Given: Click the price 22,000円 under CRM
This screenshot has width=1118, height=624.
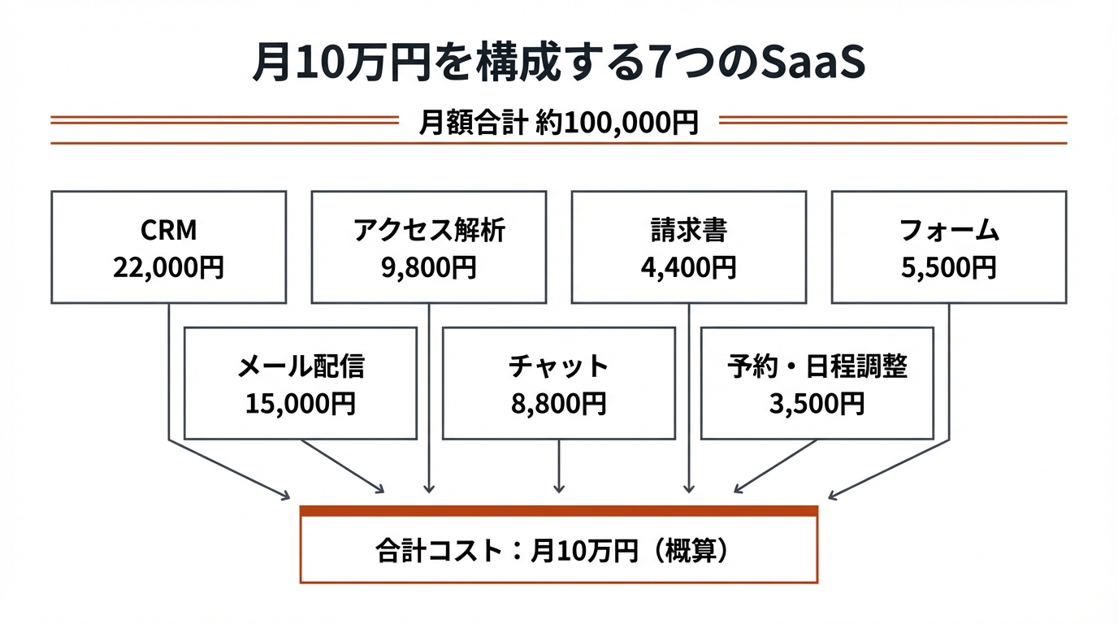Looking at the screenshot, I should (x=168, y=267).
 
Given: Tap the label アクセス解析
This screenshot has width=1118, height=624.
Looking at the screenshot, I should (x=428, y=232).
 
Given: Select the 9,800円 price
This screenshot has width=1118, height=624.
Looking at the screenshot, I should (x=428, y=267).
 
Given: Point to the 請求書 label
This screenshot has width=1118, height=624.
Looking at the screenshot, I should (x=688, y=232).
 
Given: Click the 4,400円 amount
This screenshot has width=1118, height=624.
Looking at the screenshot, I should (x=688, y=267).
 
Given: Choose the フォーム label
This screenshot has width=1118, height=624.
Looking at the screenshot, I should (x=949, y=232).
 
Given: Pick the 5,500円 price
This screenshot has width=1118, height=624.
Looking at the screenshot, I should (x=949, y=267).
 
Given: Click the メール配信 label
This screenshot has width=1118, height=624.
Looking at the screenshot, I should (x=301, y=367).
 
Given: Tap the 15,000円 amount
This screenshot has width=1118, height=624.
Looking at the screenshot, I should (x=301, y=404).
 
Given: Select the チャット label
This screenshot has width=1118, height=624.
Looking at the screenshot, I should (x=559, y=367).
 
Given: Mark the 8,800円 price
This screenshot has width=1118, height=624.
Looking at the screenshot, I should (x=559, y=404).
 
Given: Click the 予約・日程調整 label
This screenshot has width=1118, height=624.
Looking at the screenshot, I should (x=817, y=367).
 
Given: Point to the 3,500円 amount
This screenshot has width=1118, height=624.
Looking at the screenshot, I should (x=817, y=404).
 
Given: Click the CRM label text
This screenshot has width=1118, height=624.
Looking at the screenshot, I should (x=168, y=232).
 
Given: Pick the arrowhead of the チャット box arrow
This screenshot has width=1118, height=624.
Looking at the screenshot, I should (x=559, y=488).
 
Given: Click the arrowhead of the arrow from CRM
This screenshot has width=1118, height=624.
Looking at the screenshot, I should (x=285, y=496).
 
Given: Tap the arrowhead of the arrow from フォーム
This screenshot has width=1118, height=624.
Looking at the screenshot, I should (x=833, y=496).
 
